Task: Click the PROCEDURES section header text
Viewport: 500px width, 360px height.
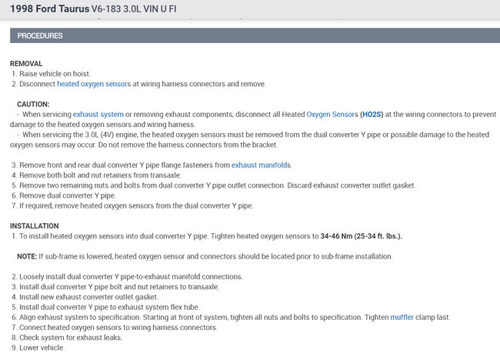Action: [40, 36]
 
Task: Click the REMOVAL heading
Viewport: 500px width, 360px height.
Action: [26, 63]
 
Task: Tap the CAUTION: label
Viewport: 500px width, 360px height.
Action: [33, 104]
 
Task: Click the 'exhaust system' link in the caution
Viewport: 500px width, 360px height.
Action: [98, 114]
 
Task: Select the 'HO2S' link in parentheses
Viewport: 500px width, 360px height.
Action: [371, 114]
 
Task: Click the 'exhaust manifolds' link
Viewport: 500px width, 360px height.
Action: [262, 165]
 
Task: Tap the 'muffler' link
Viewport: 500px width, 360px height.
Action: [402, 317]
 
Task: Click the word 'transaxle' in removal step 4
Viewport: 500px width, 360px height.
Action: [143, 175]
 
